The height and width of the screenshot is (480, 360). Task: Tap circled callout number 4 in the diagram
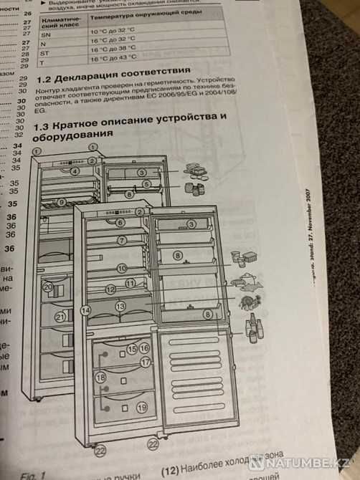pyautogui.click(x=75, y=171)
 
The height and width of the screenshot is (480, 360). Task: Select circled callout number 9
pyautogui.click(x=62, y=203)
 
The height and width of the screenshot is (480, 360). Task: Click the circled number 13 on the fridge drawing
pyautogui.click(x=120, y=306)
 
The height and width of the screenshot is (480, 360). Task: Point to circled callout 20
pyautogui.click(x=48, y=287)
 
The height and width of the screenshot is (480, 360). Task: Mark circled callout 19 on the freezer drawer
pyautogui.click(x=142, y=408)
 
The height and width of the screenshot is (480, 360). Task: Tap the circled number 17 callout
pyautogui.click(x=146, y=363)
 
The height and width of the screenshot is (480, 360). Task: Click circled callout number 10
pyautogui.click(x=122, y=268)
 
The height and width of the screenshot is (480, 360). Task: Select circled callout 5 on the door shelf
pyautogui.click(x=146, y=184)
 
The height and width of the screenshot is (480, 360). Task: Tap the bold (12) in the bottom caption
pyautogui.click(x=169, y=471)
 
